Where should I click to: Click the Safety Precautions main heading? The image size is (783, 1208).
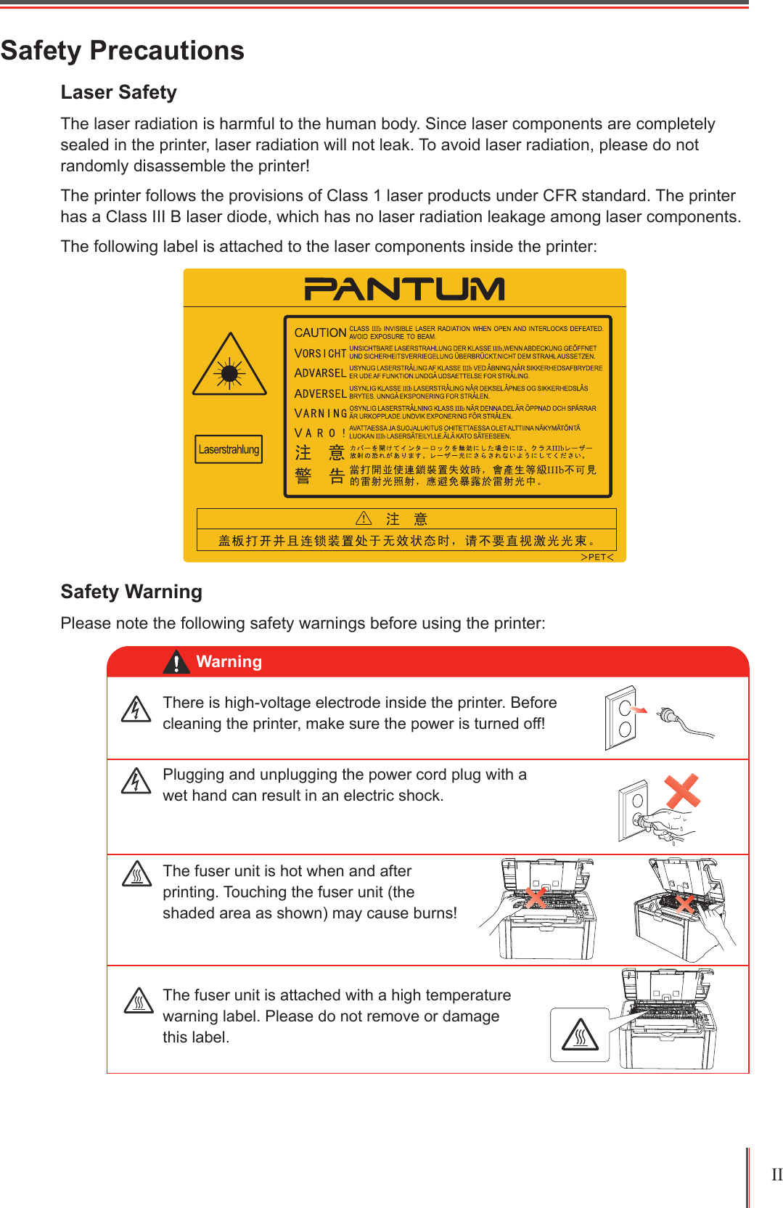(x=122, y=51)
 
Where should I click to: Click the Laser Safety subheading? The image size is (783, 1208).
(x=118, y=92)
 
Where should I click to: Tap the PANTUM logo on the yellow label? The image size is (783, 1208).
(x=404, y=289)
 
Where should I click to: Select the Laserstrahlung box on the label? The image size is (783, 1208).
(x=229, y=449)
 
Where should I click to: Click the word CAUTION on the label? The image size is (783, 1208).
(x=320, y=332)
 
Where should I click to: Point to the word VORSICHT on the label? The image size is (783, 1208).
(x=320, y=353)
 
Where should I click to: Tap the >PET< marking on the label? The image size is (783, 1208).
(x=597, y=557)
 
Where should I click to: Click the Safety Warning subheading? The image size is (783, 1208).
(x=131, y=592)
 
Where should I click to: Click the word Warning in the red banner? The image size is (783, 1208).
(x=229, y=661)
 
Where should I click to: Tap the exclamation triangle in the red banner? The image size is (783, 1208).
(x=176, y=662)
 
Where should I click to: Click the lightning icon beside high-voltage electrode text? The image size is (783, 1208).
(x=136, y=709)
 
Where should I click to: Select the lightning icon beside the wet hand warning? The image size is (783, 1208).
(x=136, y=781)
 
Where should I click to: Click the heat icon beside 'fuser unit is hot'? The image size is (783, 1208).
(x=136, y=874)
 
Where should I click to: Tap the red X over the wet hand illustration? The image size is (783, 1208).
(x=682, y=791)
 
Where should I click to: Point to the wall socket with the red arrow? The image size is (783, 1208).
(x=620, y=717)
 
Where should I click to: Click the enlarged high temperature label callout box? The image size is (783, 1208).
(x=580, y=1034)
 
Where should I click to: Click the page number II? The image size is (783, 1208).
(x=776, y=1175)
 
